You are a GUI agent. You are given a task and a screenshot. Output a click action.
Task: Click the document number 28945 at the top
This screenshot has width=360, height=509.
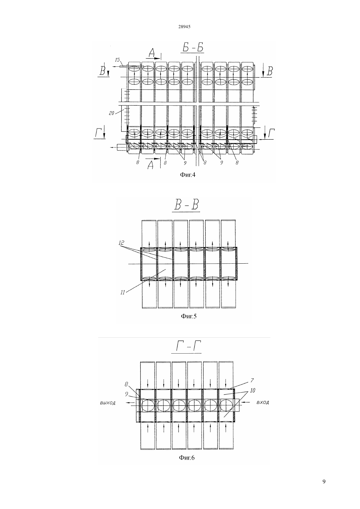(184, 26)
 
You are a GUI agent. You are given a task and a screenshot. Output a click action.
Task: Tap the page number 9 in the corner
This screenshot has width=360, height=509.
(324, 481)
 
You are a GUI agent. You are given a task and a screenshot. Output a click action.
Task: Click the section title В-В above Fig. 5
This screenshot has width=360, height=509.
(186, 205)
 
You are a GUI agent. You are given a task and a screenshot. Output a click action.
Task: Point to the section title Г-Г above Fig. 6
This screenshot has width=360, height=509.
(186, 346)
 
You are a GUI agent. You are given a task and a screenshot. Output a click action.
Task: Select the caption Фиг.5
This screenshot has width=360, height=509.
(189, 316)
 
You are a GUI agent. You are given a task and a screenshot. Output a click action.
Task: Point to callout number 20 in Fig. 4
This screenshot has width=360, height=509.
(112, 113)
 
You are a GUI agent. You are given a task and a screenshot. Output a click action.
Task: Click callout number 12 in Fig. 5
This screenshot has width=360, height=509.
(121, 243)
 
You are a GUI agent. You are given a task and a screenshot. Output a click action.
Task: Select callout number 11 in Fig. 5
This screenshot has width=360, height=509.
(123, 292)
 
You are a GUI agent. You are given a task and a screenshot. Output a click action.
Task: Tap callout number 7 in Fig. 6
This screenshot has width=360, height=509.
(252, 380)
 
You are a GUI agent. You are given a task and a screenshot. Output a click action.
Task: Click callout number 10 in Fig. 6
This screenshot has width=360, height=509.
(252, 390)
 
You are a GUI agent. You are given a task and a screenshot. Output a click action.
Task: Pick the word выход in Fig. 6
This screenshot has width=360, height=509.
(107, 403)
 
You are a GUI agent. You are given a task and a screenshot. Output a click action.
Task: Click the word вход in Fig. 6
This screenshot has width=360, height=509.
(263, 402)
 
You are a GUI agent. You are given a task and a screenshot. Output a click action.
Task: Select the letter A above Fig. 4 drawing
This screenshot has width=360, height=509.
(152, 54)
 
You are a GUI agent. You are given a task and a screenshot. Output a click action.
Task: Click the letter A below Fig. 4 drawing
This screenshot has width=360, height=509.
(150, 165)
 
